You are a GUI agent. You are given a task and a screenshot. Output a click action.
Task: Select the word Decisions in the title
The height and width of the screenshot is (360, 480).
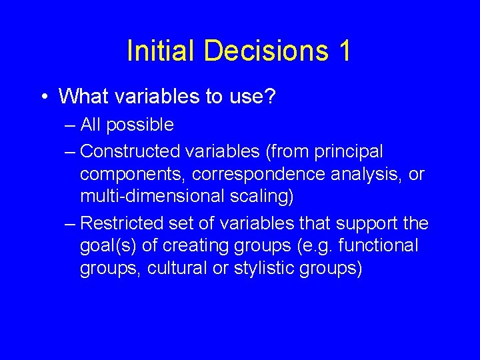(x=261, y=52)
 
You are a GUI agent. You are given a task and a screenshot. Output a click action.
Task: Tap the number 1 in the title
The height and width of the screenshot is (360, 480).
(x=343, y=52)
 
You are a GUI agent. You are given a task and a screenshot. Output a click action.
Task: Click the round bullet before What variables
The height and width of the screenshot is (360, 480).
(x=43, y=97)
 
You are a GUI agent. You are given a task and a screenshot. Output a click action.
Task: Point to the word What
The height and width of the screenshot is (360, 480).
(x=85, y=97)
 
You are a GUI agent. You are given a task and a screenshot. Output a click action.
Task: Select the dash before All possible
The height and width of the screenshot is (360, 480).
(x=71, y=125)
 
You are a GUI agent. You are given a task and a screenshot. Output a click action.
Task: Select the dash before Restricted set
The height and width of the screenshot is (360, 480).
(x=71, y=223)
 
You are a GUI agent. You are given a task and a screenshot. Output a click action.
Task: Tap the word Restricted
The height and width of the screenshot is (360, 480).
(x=120, y=223)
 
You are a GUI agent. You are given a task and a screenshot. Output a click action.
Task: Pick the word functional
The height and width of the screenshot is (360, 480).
(x=379, y=245)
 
